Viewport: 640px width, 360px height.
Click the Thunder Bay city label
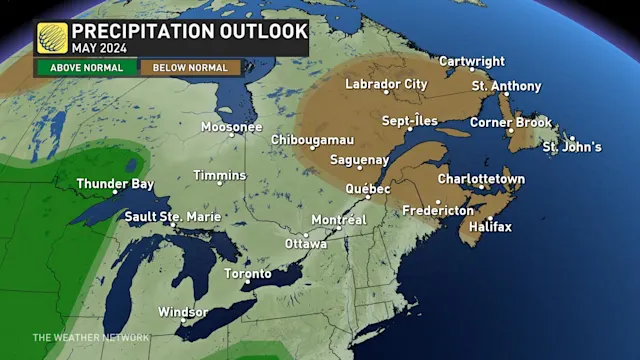pos(116,183)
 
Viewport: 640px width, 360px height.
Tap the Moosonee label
pos(231,127)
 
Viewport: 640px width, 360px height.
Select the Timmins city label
pos(219,176)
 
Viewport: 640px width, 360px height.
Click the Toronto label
pos(247,274)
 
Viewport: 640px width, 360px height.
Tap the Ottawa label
pos(306,243)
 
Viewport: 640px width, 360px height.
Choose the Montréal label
pos(339,219)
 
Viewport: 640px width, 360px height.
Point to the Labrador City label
pos(386,84)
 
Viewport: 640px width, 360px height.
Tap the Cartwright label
pos(471,62)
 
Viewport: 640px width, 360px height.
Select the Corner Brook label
pos(513,122)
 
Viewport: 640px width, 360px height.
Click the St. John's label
pos(572,147)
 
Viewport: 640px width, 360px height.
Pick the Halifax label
pos(489,227)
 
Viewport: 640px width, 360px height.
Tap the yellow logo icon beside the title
pos(52,38)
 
